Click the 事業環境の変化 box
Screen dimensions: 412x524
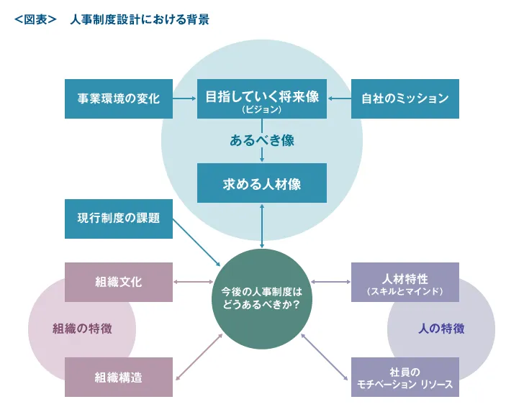tap(118, 99)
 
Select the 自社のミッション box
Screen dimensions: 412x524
tap(405, 99)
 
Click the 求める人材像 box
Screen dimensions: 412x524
tap(262, 183)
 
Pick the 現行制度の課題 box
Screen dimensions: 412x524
tap(118, 218)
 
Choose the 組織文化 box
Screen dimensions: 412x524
tap(118, 281)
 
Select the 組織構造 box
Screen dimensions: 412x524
tap(118, 377)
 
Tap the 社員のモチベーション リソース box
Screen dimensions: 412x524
tap(405, 377)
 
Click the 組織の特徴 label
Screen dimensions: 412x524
tap(82, 329)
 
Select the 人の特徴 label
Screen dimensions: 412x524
tap(441, 329)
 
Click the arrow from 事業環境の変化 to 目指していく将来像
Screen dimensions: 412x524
tap(185, 99)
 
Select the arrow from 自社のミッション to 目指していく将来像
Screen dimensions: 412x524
tap(338, 99)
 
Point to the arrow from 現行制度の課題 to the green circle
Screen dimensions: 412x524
tap(197, 242)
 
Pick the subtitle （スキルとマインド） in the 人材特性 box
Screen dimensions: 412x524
tap(405, 291)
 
